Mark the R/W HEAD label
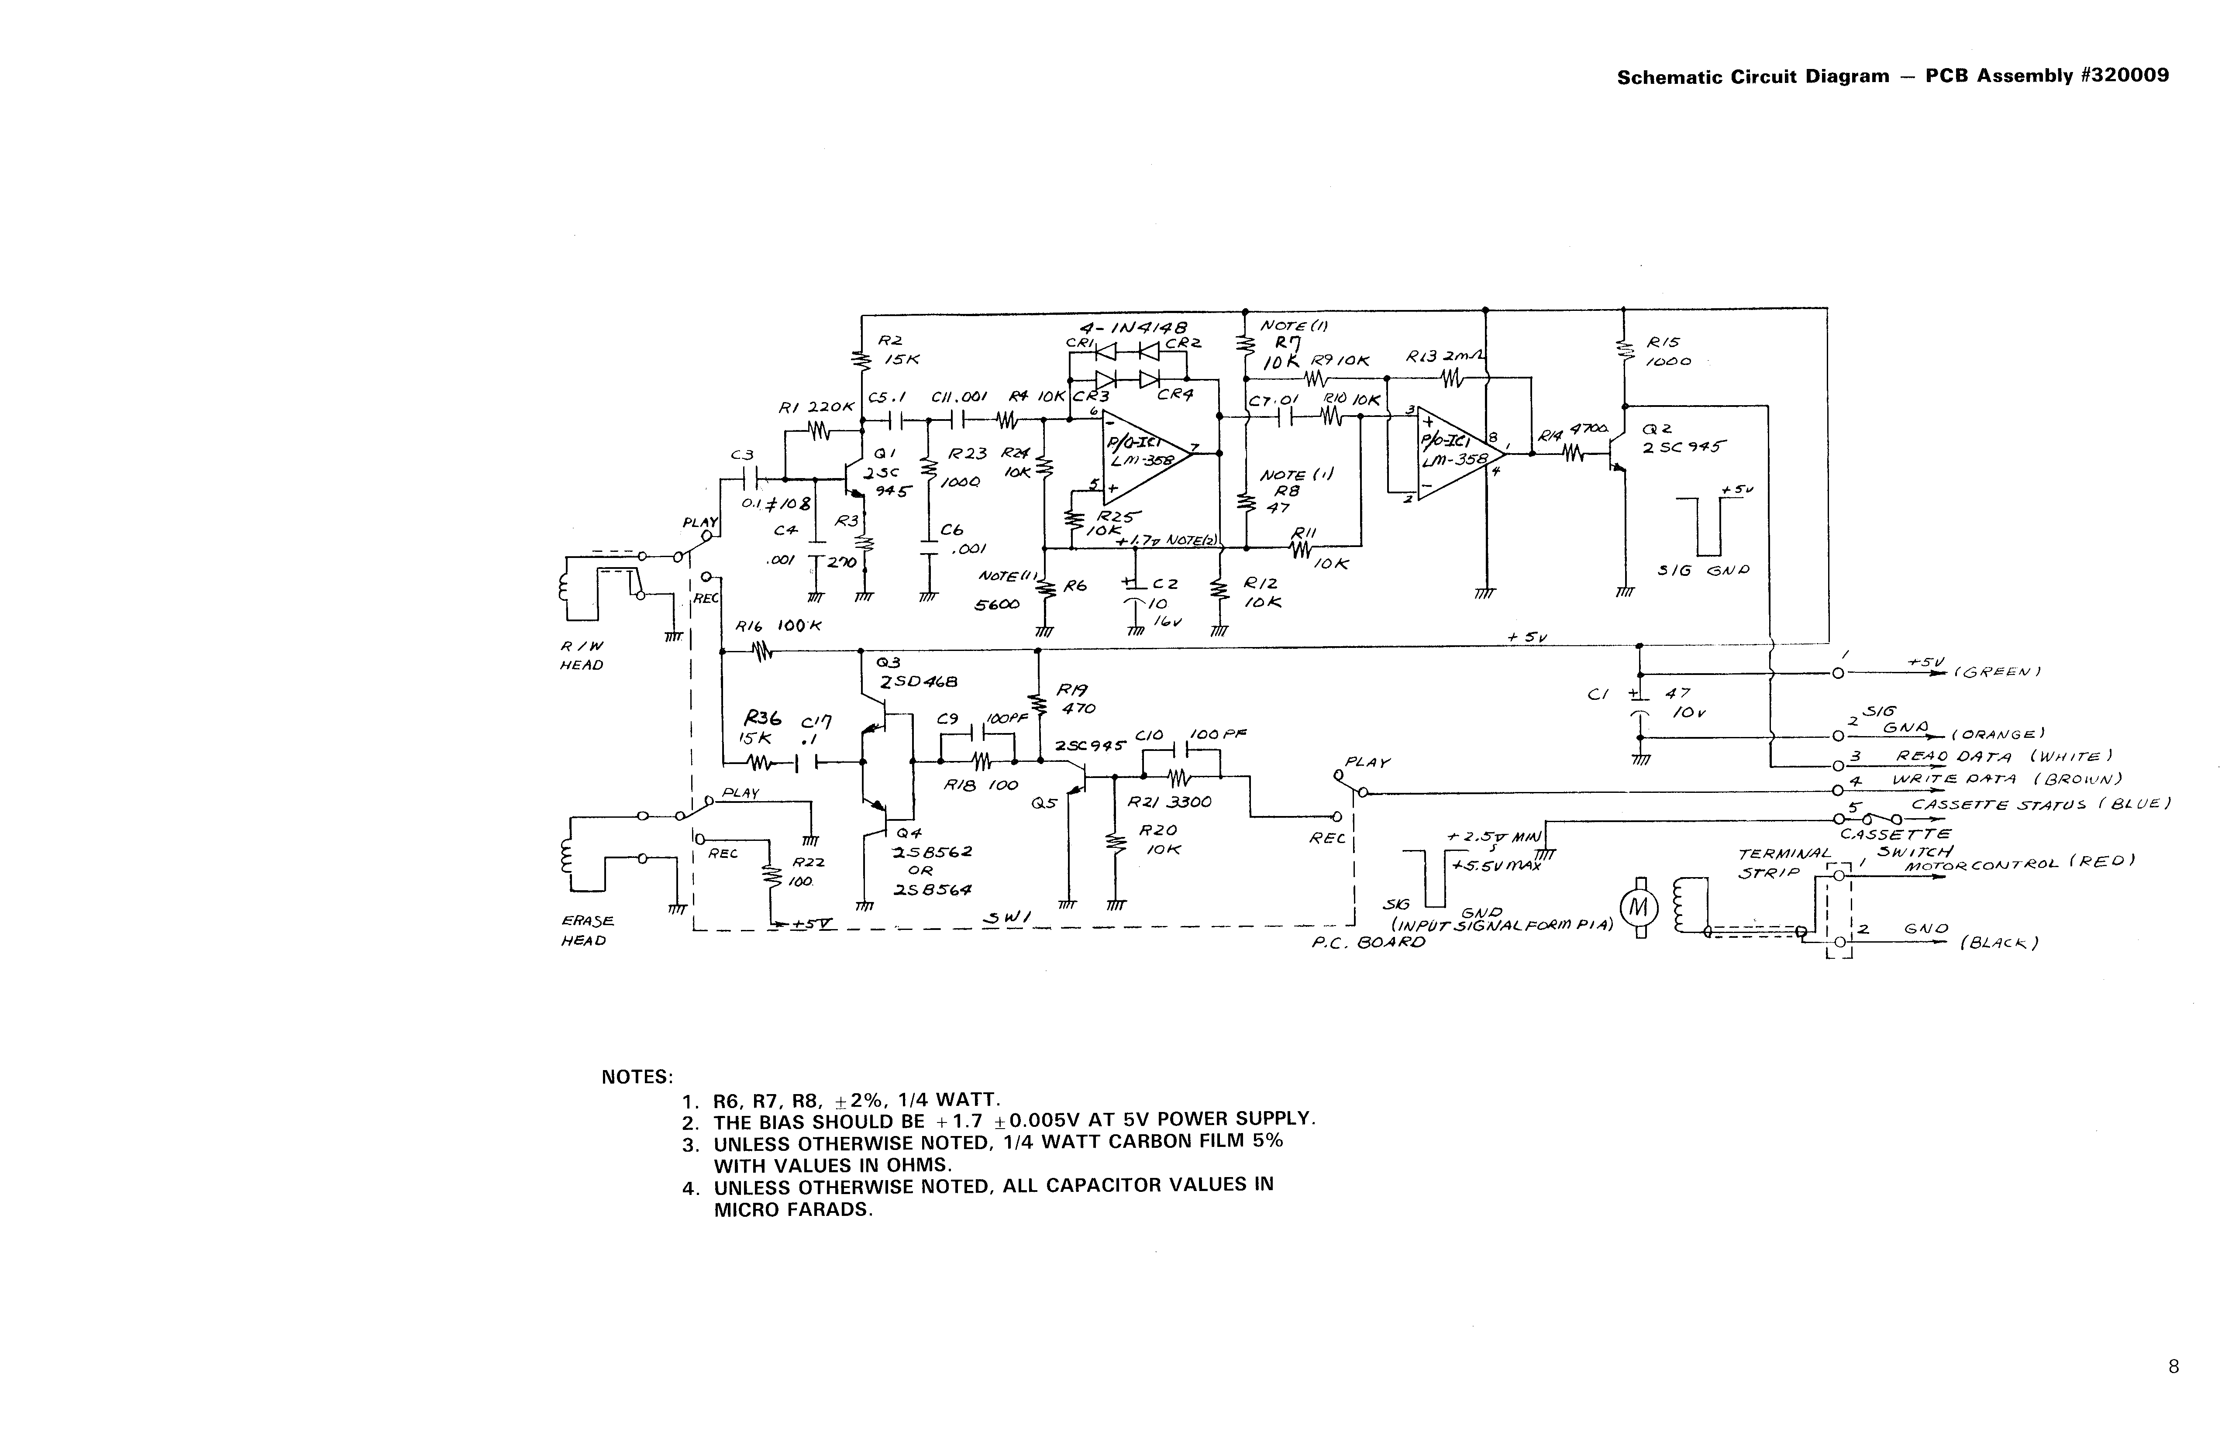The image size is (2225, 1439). tap(581, 655)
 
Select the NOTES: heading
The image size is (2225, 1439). tap(637, 1077)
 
